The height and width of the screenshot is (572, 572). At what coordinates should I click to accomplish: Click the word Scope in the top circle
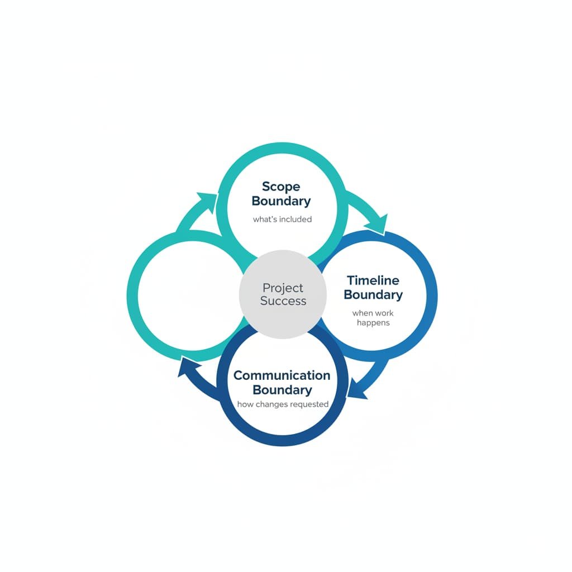click(x=281, y=187)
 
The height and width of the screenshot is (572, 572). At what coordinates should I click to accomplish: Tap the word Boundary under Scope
click(x=281, y=201)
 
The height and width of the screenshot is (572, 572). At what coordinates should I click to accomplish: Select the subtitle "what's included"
click(x=282, y=220)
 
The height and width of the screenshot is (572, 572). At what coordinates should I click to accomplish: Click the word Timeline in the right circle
click(x=373, y=280)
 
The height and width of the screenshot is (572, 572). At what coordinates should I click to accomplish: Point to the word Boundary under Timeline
click(x=373, y=294)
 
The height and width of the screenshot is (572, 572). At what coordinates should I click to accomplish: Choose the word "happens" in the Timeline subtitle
click(x=373, y=323)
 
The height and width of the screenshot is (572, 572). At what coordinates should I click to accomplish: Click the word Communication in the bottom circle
click(x=282, y=375)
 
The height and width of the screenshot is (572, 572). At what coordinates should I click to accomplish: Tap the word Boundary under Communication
click(x=282, y=390)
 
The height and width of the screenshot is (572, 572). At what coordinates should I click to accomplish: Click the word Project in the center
click(x=283, y=288)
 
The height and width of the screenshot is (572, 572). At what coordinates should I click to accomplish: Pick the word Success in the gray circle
click(x=283, y=301)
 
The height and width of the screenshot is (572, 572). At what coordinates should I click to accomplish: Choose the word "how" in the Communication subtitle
click(x=245, y=404)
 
